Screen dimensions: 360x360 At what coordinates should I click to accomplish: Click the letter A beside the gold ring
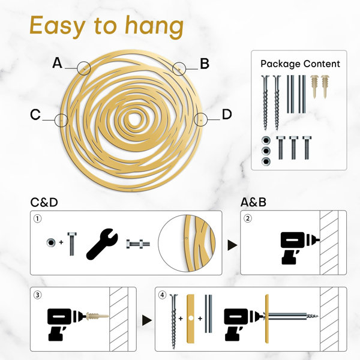(58, 63)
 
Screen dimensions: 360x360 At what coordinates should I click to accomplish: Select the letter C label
(35, 115)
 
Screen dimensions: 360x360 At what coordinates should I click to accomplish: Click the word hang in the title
(154, 26)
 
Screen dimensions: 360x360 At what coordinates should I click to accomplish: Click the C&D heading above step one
(44, 202)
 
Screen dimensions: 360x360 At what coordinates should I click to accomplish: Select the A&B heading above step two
(253, 202)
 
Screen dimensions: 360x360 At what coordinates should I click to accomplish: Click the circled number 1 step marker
(38, 218)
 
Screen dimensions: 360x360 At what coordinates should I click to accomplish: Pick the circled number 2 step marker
(247, 218)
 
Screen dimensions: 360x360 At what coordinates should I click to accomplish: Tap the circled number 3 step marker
(38, 295)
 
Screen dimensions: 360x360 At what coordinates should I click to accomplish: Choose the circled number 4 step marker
(163, 295)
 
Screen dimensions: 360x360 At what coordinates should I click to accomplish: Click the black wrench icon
(101, 245)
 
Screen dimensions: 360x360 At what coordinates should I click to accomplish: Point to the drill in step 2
(296, 248)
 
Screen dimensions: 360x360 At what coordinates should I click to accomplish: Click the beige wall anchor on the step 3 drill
(97, 316)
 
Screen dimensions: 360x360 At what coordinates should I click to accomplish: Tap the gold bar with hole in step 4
(191, 319)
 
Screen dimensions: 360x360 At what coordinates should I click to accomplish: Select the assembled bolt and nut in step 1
(138, 244)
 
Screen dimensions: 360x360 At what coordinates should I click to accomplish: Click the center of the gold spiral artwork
(133, 119)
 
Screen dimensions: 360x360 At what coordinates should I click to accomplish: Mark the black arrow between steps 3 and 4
(147, 320)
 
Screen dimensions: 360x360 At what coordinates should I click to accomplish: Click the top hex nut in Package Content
(266, 140)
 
